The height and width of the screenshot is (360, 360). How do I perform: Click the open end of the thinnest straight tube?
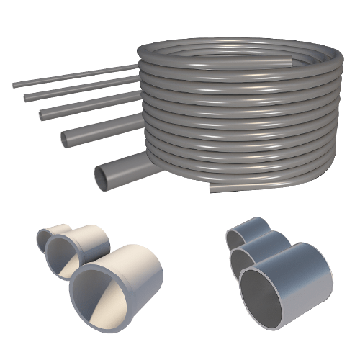point(14,86)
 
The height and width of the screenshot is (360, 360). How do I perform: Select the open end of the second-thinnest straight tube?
point(25,96)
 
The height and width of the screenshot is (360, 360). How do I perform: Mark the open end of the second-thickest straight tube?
point(66,140)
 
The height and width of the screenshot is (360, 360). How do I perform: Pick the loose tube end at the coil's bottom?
point(212,189)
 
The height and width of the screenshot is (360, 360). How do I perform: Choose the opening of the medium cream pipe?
point(63,256)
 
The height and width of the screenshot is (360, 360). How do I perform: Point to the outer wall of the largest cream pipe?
point(140,274)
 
